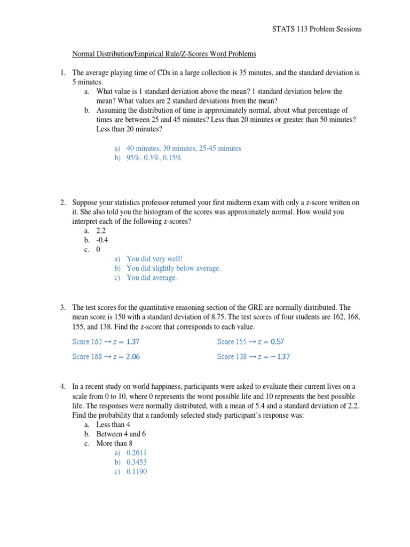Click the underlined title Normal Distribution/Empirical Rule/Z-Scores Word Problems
coord(164,54)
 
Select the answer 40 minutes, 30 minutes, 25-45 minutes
coord(184,148)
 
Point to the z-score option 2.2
coord(101,230)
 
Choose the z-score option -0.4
coord(102,240)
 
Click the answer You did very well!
coord(154,259)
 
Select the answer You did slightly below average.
coord(173,268)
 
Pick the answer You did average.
coord(152,278)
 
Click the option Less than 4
coord(113,424)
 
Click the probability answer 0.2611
coord(137,452)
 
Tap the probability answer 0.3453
coord(137,462)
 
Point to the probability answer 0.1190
coord(137,472)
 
